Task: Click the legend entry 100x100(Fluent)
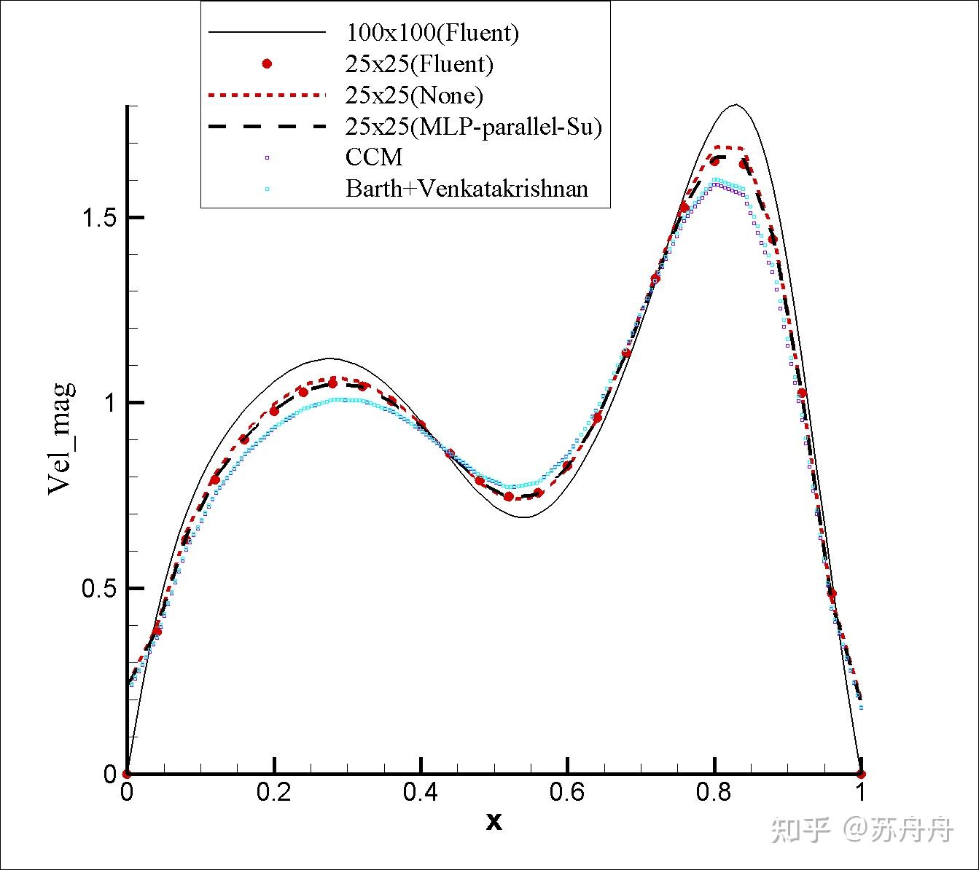pos(432,33)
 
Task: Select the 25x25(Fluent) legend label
pos(419,64)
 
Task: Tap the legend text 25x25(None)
pos(414,95)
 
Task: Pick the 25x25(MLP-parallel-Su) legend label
pos(474,127)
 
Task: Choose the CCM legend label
pos(374,157)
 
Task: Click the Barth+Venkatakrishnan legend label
pos(467,189)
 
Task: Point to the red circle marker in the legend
pos(267,64)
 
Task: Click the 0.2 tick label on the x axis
pos(273,792)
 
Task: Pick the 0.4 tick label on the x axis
pos(421,792)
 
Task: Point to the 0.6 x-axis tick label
pos(567,792)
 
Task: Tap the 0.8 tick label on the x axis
pos(714,792)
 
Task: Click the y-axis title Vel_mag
pos(61,438)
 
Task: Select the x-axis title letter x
pos(494,822)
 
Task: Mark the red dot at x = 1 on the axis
pos(861,774)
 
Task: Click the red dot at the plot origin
pos(127,774)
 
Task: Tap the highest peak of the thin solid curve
pos(736,105)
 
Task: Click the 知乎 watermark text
pos(800,829)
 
